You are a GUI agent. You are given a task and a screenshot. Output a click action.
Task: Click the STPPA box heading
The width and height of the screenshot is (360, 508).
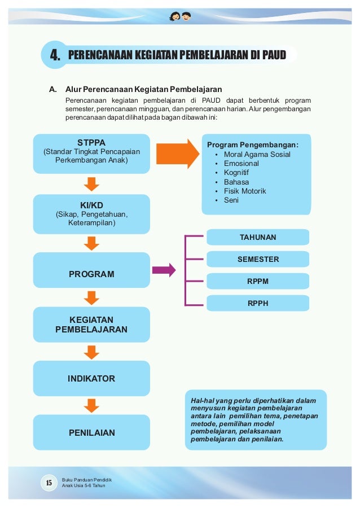pyautogui.click(x=91, y=142)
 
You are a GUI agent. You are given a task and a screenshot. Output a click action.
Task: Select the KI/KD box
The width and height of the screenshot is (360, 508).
pyautogui.click(x=91, y=213)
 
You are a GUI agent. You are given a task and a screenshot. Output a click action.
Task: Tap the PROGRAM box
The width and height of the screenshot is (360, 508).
pyautogui.click(x=91, y=274)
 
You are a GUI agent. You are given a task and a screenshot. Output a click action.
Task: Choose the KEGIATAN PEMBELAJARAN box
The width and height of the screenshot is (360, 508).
pyautogui.click(x=91, y=324)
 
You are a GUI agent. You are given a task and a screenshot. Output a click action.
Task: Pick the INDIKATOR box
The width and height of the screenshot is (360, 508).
pyautogui.click(x=91, y=378)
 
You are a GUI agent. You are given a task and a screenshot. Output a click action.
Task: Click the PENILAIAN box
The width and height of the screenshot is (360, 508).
pyautogui.click(x=91, y=433)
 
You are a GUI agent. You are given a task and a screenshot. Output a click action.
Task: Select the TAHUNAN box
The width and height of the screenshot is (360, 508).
pyautogui.click(x=258, y=237)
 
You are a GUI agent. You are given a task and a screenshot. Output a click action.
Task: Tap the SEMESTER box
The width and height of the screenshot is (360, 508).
pyautogui.click(x=258, y=259)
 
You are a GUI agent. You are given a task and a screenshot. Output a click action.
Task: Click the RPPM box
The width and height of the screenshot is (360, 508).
pyautogui.click(x=258, y=281)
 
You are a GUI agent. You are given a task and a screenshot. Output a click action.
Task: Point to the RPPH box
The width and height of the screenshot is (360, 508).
pyautogui.click(x=258, y=303)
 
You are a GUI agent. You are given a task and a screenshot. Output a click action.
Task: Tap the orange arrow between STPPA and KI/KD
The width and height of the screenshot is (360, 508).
pyautogui.click(x=91, y=183)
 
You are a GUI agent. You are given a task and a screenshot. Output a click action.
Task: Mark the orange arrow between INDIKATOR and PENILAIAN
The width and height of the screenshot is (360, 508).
pyautogui.click(x=91, y=405)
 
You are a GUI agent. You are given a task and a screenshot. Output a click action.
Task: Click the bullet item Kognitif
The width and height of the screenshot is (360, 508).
pyautogui.click(x=236, y=173)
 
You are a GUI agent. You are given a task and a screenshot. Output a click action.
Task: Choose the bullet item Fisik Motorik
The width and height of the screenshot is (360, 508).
pyautogui.click(x=245, y=191)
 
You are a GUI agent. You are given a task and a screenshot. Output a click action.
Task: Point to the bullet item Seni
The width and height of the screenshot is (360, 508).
pyautogui.click(x=231, y=200)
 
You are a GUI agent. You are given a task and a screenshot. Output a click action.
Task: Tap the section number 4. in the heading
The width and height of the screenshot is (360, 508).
pyautogui.click(x=55, y=55)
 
